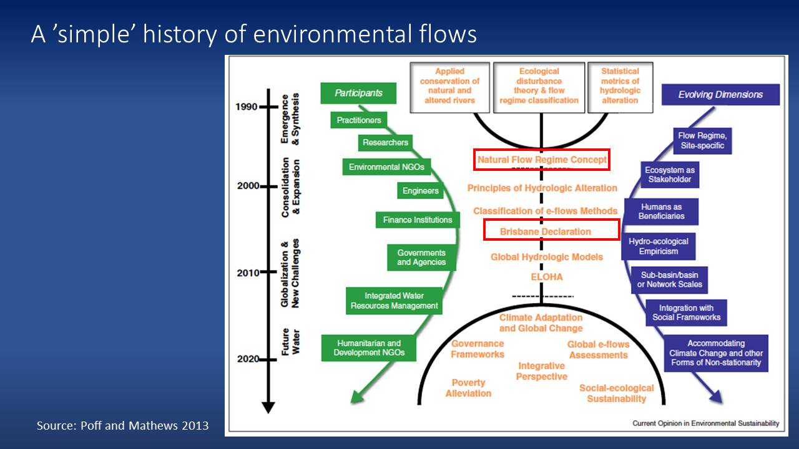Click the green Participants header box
tap(358, 94)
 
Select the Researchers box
tap(385, 143)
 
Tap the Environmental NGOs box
tap(386, 167)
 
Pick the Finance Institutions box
tap(418, 220)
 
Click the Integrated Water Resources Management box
tap(395, 301)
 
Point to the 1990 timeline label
tap(247, 106)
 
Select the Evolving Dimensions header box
tap(720, 95)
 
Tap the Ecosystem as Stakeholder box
tap(669, 175)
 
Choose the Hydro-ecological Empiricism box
tap(658, 246)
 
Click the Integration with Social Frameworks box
tap(686, 312)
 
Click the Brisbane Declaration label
tap(546, 231)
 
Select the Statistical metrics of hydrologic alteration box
tap(620, 86)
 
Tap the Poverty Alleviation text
tap(468, 388)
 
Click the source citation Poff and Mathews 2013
tap(122, 427)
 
